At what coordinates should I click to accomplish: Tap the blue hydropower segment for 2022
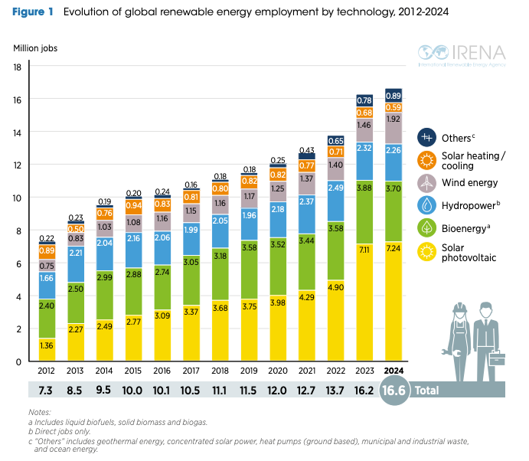[335, 188]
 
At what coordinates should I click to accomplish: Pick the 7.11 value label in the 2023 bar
[364, 250]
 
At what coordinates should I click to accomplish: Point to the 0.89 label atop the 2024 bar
[394, 96]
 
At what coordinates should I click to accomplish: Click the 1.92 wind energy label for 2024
[394, 119]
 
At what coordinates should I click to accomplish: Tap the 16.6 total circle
[394, 390]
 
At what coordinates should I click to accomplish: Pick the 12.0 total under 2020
[277, 389]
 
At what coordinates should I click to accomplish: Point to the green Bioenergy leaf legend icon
[426, 228]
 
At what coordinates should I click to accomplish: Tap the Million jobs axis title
[34, 48]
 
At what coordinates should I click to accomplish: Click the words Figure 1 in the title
[34, 12]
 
